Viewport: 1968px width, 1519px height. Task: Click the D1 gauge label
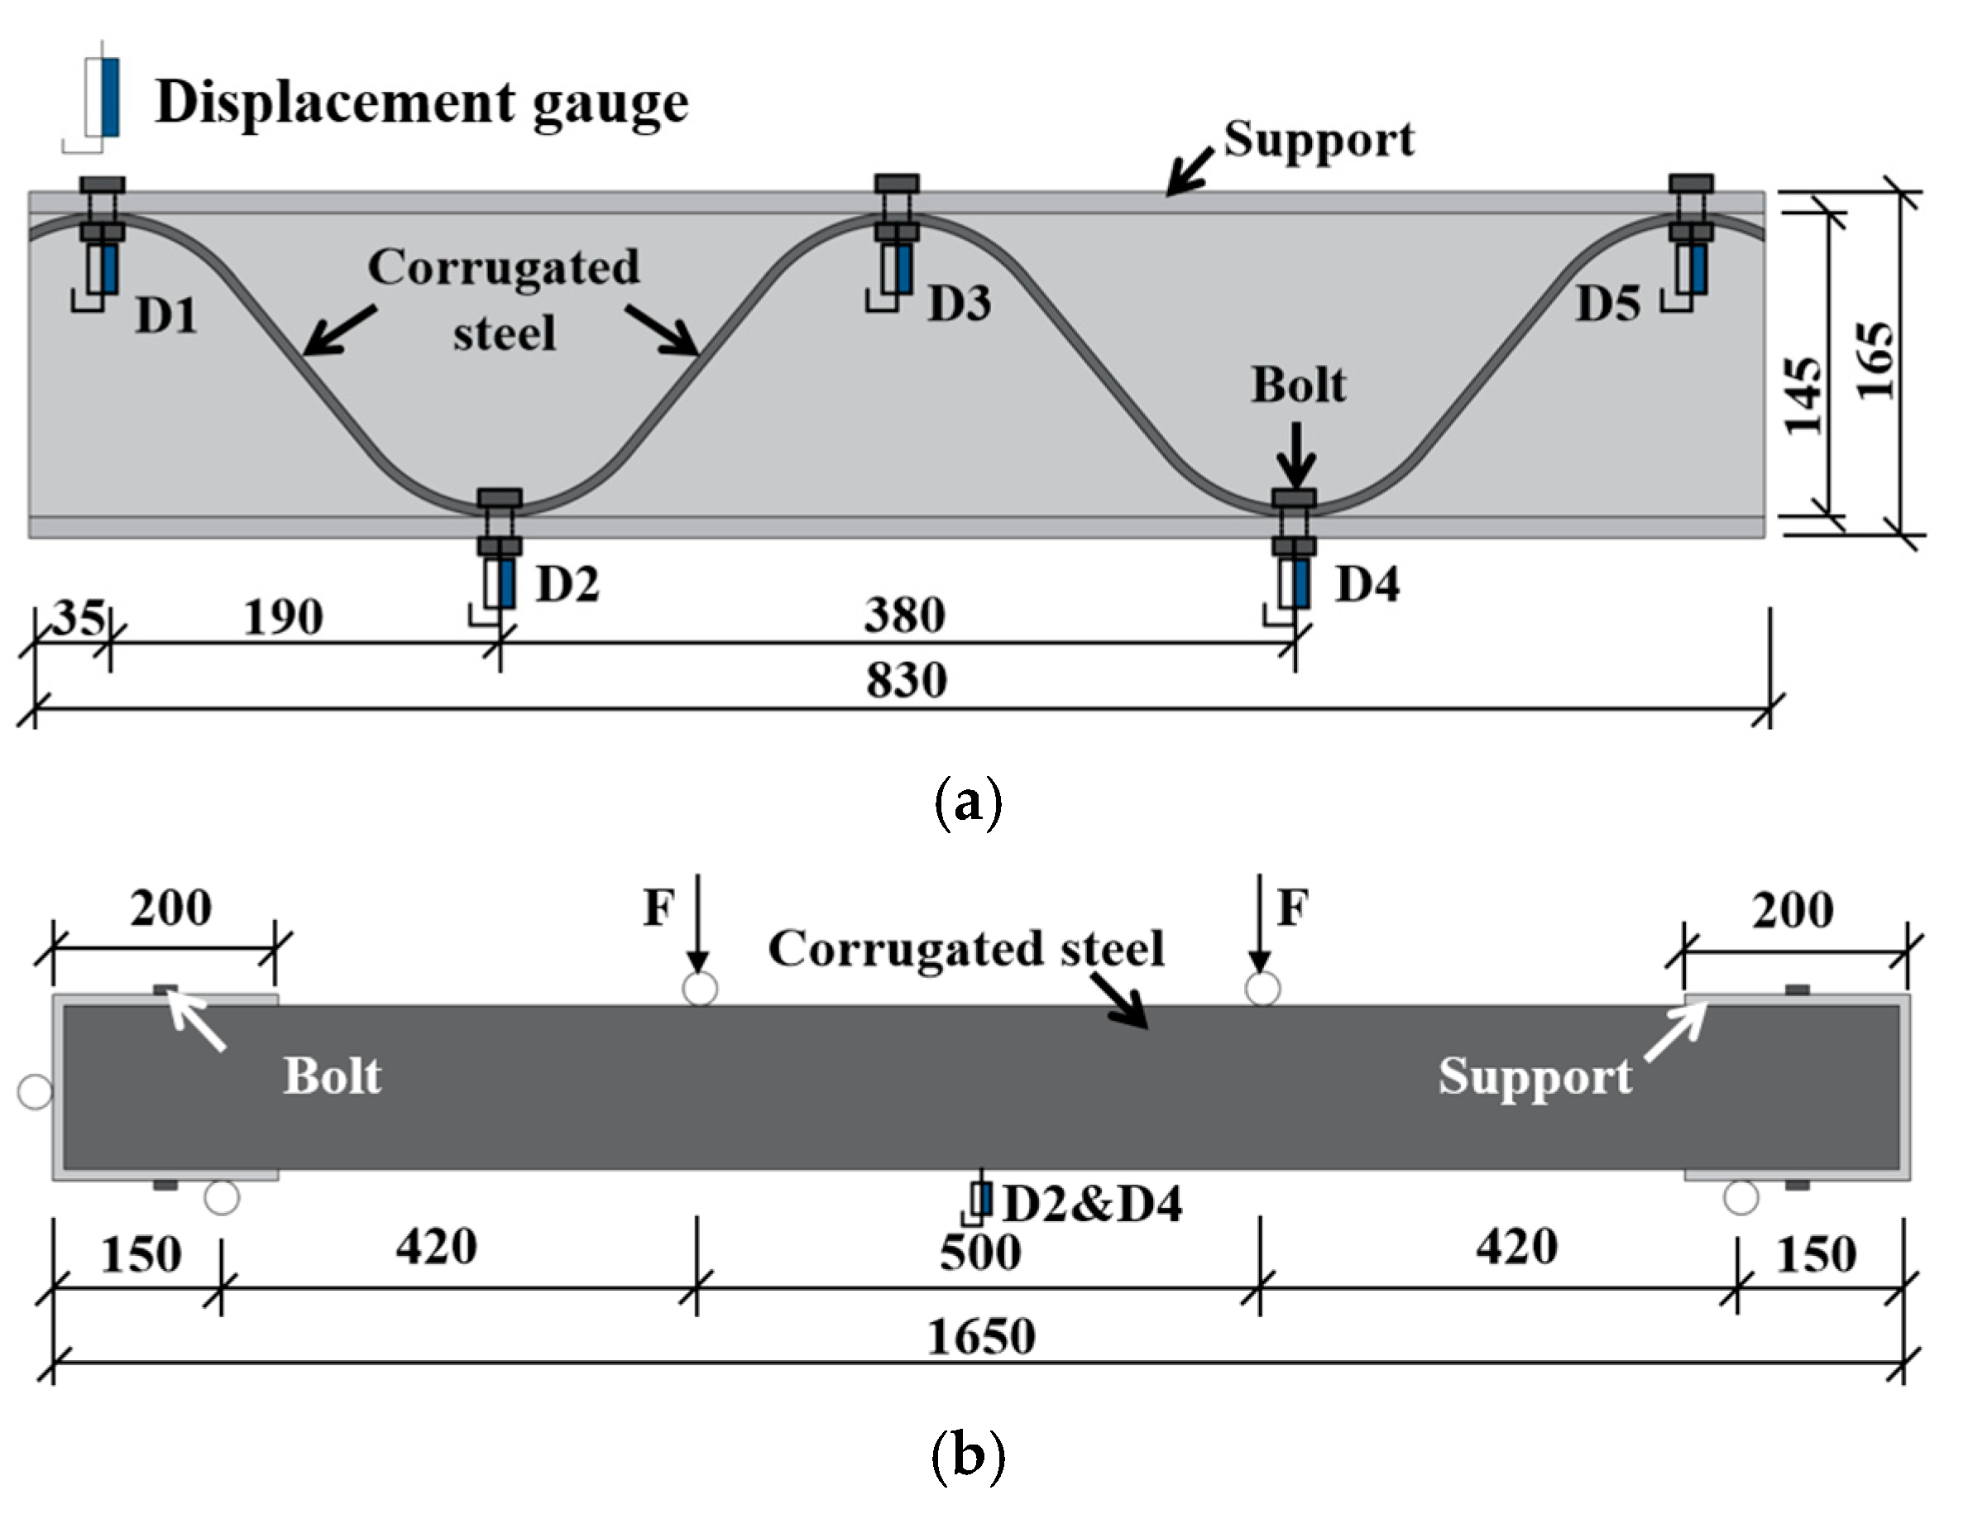[x=167, y=316]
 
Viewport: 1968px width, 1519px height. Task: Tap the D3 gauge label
[x=960, y=303]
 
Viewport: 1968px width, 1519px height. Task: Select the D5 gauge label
[x=1608, y=304]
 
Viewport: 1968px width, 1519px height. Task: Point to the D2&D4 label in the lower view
[x=1092, y=1204]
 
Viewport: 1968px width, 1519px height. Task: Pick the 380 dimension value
[x=905, y=616]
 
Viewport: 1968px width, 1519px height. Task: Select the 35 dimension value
[x=78, y=618]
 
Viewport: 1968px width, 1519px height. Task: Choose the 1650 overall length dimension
[x=981, y=1337]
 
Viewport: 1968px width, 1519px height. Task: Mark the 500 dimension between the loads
[x=980, y=1253]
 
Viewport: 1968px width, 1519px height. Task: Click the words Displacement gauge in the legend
[x=422, y=103]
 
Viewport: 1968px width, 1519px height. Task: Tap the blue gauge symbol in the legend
[x=110, y=98]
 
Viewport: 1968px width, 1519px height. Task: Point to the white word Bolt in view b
[x=333, y=1076]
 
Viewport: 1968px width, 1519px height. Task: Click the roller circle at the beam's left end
[x=35, y=1092]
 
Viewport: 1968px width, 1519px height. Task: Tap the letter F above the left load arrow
[x=658, y=908]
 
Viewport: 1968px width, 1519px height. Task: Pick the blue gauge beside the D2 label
[x=506, y=582]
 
